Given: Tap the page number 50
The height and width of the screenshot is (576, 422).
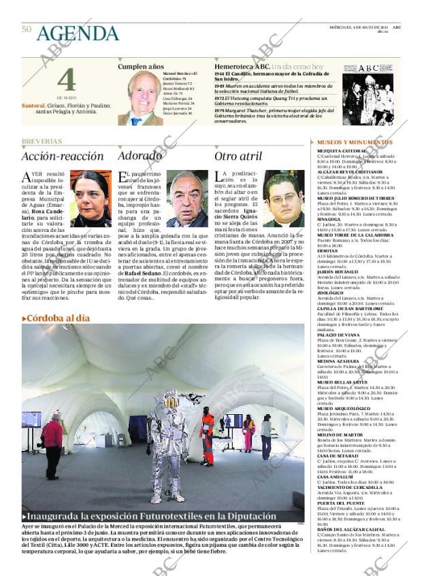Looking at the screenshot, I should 27,29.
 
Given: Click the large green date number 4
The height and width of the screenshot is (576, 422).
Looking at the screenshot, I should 66,82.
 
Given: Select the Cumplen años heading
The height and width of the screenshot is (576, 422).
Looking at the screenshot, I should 141,67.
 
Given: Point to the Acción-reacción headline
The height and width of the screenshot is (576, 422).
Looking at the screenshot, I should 63,156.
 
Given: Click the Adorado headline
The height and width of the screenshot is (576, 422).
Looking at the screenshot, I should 140,156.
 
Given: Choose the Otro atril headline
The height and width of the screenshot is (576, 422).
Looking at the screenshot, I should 238,156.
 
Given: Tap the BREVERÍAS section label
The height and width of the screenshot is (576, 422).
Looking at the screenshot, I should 42,141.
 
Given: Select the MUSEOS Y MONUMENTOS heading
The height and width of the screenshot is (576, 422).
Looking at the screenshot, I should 355,142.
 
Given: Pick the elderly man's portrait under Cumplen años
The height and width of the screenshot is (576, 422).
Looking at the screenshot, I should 144,99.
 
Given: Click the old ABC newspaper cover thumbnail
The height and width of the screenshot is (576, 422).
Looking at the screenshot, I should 368,95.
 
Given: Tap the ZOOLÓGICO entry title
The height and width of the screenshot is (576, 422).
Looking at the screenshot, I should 331,293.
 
